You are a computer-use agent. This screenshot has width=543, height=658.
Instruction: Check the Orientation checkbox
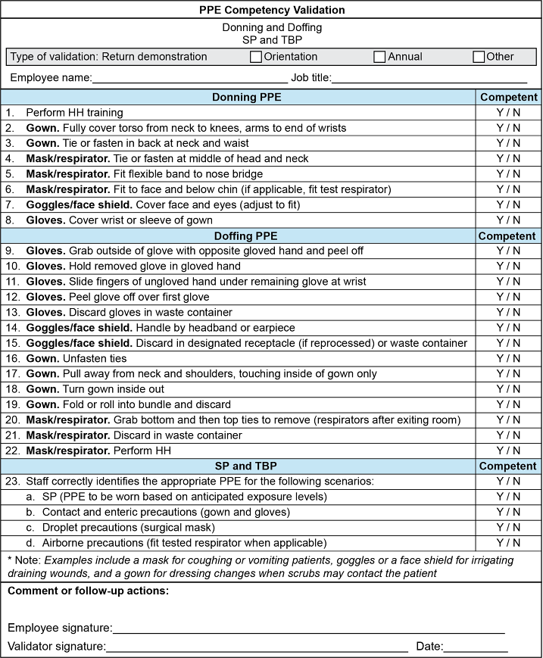256,57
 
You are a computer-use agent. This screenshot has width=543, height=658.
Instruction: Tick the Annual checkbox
380,57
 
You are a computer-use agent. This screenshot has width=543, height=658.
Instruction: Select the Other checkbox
479,57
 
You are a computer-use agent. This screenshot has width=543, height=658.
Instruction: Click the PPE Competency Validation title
271,11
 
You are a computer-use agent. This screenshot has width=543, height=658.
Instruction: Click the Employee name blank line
189,78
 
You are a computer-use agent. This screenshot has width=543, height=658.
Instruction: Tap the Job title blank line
429,78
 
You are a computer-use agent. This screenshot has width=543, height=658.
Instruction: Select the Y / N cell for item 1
508,113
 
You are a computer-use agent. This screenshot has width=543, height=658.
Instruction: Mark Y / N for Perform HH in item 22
508,451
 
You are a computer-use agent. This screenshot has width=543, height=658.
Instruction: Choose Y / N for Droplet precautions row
508,527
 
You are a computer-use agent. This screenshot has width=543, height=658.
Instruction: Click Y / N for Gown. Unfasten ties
508,358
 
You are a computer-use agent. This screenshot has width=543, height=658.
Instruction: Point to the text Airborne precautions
84,543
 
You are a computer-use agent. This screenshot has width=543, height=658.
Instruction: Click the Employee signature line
308,628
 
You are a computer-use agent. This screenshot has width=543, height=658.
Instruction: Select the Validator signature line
257,647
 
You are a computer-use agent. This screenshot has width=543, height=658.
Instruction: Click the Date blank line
476,647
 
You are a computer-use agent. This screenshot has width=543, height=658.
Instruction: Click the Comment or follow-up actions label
88,591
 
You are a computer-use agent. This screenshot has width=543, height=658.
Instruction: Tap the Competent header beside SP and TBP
508,466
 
